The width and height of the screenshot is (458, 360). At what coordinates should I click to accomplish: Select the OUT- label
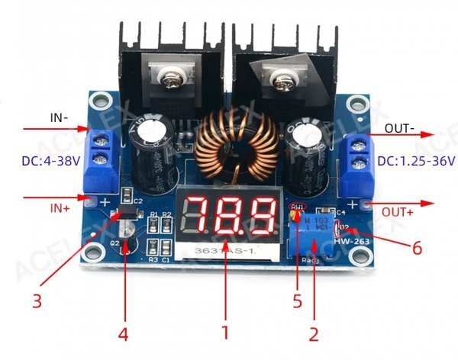pos(400,127)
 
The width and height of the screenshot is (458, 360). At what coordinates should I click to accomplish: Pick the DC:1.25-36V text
pos(417,161)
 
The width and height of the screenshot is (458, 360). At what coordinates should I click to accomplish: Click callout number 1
pos(224,332)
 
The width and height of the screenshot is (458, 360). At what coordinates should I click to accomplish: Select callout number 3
pos(37,301)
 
